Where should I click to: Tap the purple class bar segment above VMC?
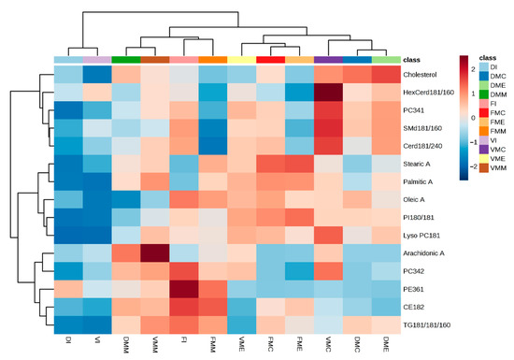pos(328,60)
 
